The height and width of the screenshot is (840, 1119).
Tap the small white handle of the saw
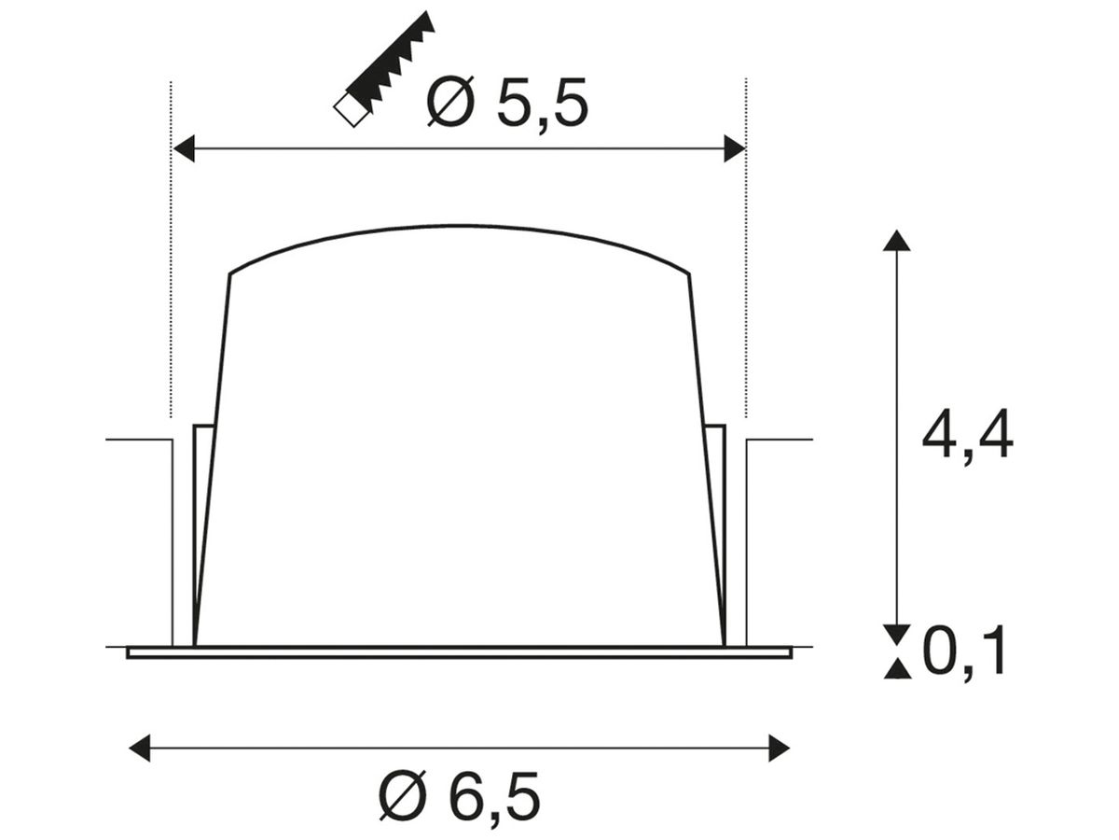(351, 109)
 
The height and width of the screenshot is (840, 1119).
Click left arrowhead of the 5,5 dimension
(184, 149)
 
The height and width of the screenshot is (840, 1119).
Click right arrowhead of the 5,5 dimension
(735, 149)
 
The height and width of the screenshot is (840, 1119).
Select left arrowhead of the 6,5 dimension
(140, 749)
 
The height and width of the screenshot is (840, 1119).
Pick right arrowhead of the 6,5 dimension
(779, 749)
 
